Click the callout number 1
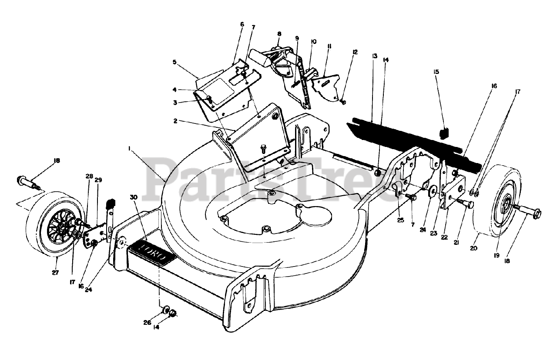click(129, 148)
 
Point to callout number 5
click(174, 62)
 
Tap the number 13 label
click(374, 57)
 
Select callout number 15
click(436, 71)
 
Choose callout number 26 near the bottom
click(147, 322)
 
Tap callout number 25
click(400, 220)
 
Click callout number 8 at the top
click(279, 33)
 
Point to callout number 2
click(175, 121)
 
